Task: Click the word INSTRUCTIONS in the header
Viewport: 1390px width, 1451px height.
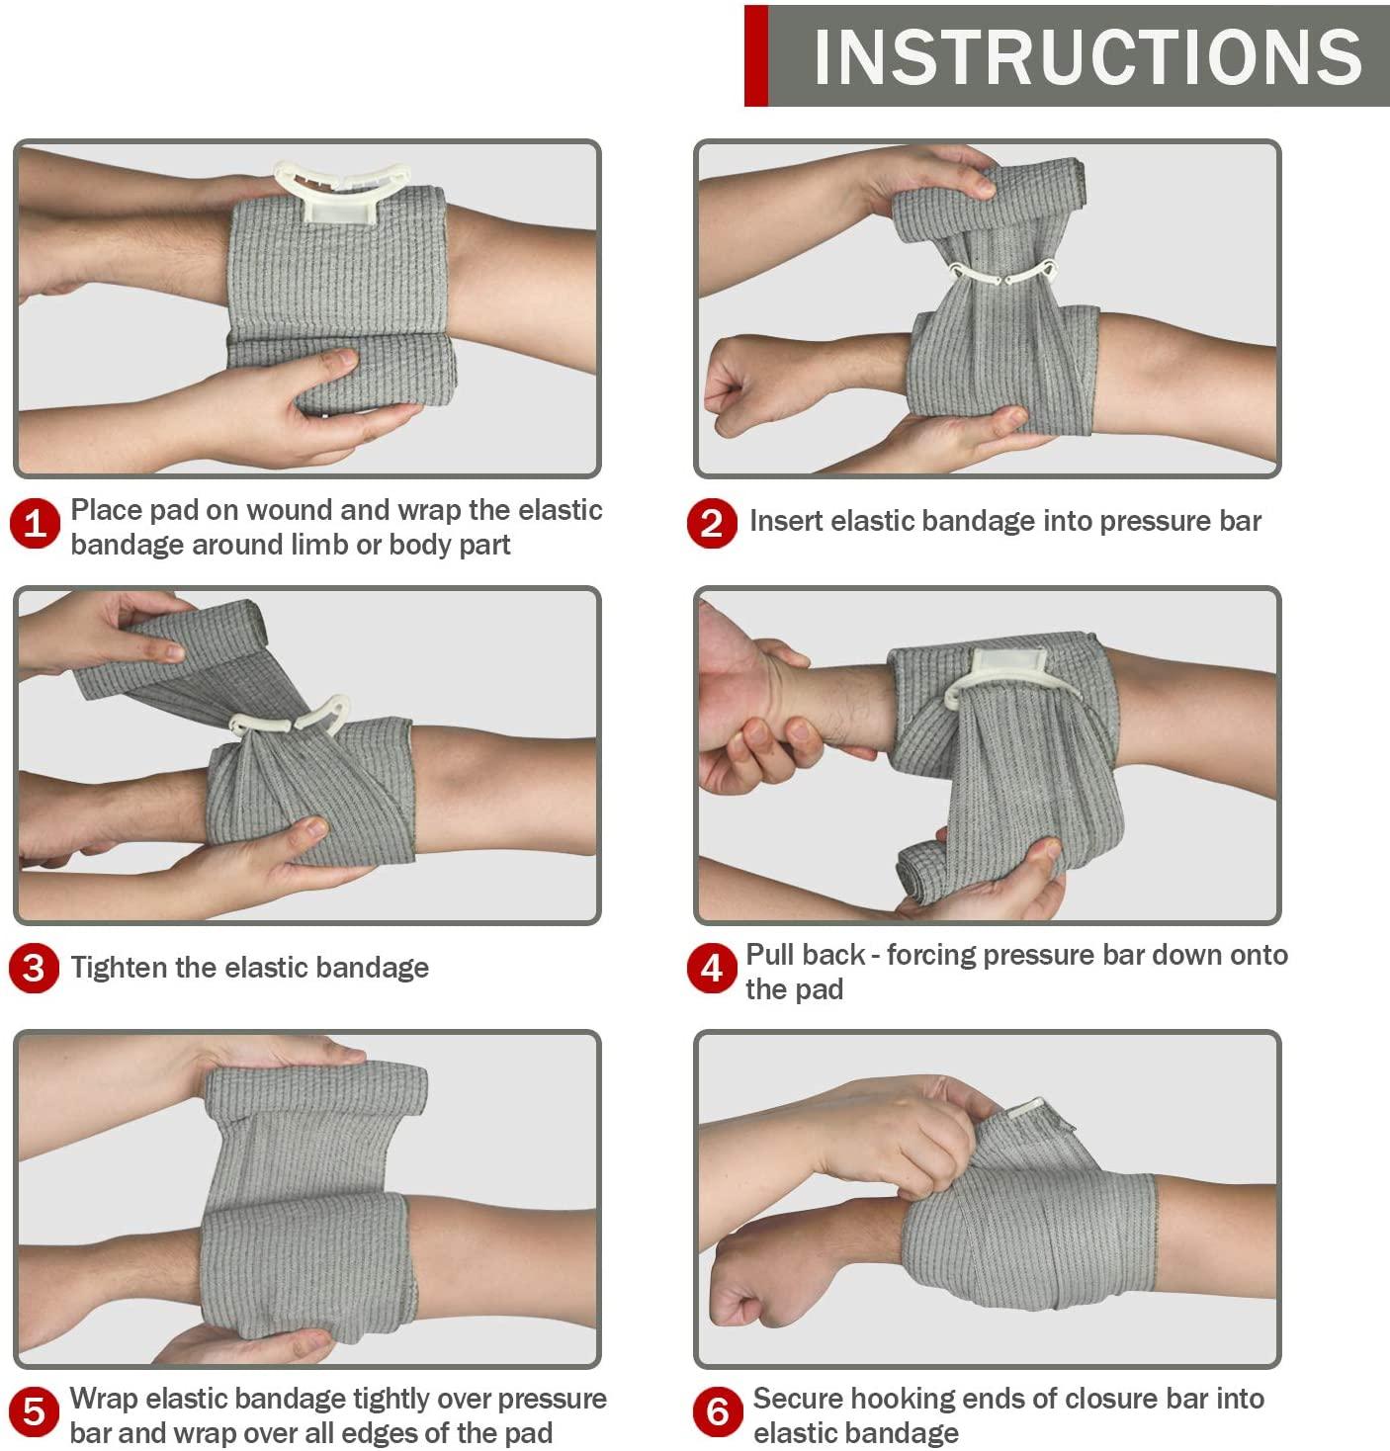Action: (1088, 56)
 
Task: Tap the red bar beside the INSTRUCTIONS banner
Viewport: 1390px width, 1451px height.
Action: (756, 56)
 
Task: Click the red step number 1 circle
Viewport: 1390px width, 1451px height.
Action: (35, 524)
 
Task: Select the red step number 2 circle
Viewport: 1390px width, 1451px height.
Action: (712, 523)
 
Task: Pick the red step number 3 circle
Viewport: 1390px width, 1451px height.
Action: (35, 968)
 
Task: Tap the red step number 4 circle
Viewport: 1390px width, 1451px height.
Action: (712, 969)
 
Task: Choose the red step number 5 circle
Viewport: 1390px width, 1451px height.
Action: (35, 1411)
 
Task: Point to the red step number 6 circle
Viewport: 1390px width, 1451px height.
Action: (718, 1411)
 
